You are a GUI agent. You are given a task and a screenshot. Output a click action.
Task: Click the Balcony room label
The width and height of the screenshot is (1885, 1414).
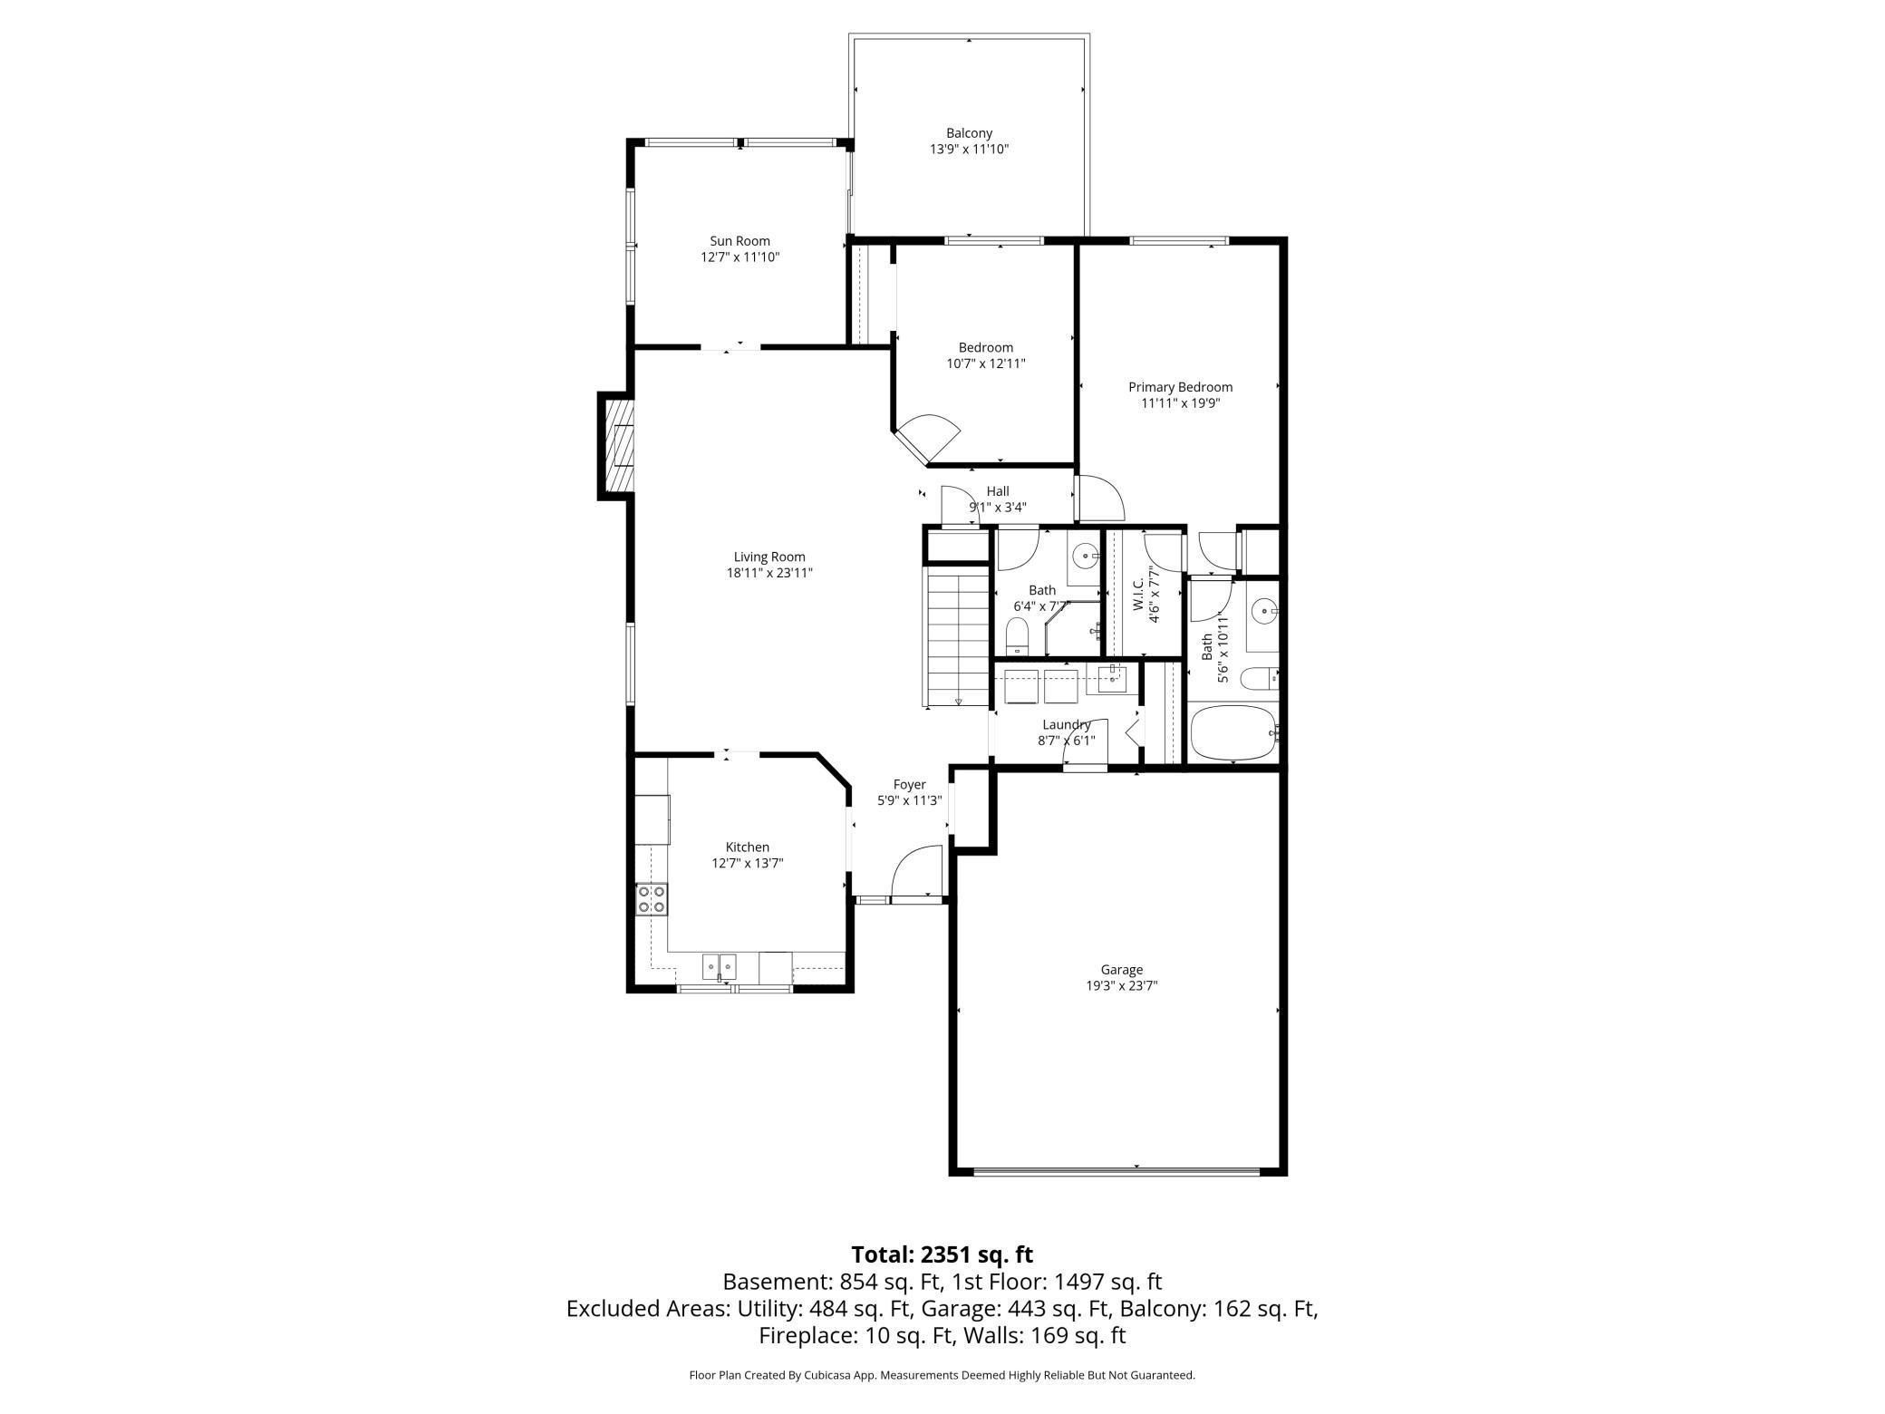969,133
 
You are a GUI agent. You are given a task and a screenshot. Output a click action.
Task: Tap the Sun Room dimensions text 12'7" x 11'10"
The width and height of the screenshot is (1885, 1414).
739,257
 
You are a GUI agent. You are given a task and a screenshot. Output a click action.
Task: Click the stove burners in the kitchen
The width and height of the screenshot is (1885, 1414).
652,899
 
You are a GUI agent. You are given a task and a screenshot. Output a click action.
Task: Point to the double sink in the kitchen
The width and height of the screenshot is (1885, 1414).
720,966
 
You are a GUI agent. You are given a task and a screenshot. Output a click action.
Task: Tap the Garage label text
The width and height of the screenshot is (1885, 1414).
1122,970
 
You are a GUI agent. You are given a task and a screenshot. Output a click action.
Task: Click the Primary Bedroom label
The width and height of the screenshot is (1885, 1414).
1180,387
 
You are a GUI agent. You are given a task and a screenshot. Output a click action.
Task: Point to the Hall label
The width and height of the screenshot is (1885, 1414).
998,491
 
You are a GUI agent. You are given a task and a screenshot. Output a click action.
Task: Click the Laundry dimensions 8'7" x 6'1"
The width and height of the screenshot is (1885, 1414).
1066,741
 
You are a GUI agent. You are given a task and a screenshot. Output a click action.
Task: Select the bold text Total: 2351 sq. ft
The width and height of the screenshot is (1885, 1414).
942,1254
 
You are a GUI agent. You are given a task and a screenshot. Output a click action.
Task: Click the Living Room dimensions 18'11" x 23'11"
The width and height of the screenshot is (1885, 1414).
768,573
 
